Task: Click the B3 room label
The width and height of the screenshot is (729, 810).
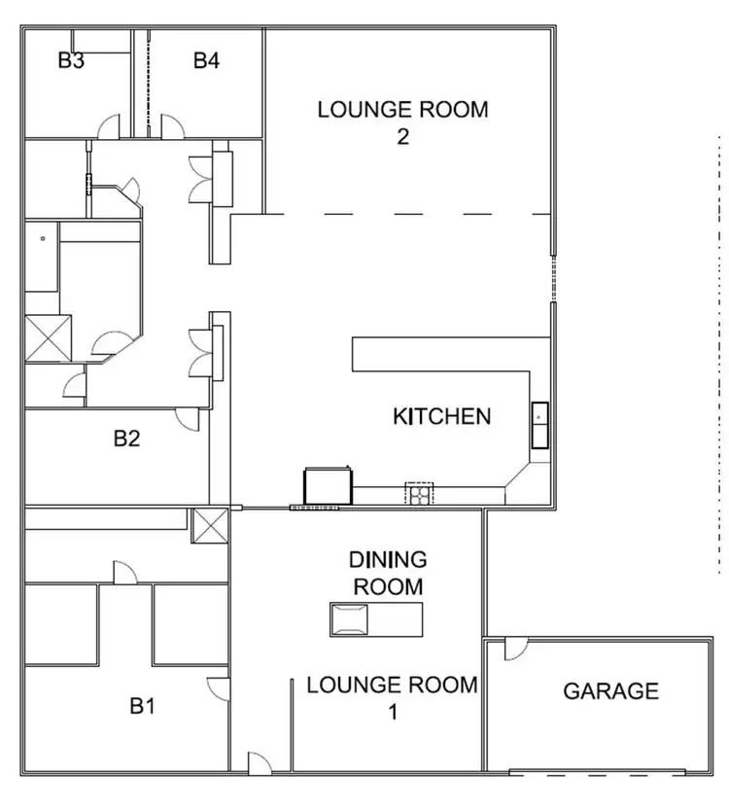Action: click(x=71, y=60)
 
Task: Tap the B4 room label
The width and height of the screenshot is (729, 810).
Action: click(x=206, y=60)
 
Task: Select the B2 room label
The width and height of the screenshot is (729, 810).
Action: click(x=126, y=439)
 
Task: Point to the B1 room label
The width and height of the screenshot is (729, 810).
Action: click(x=143, y=706)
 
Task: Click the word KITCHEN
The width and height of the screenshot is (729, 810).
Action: click(x=441, y=417)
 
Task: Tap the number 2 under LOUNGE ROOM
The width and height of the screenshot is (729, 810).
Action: click(x=402, y=136)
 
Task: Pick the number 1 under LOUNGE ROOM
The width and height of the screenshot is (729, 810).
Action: click(x=393, y=712)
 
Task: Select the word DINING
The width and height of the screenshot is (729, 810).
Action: click(x=388, y=560)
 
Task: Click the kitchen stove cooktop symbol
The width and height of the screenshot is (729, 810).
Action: click(x=418, y=494)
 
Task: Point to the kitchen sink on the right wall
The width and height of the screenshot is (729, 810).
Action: click(x=539, y=424)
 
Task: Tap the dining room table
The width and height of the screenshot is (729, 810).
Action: click(x=376, y=619)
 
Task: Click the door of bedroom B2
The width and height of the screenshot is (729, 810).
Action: click(x=187, y=418)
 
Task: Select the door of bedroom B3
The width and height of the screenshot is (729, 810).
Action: click(x=108, y=125)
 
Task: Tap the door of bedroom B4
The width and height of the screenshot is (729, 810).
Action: click(x=171, y=125)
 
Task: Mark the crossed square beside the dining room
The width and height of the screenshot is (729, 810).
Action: click(x=210, y=526)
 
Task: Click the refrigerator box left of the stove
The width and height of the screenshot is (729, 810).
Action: click(x=328, y=485)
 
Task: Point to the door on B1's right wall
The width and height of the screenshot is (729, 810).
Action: click(x=219, y=688)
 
